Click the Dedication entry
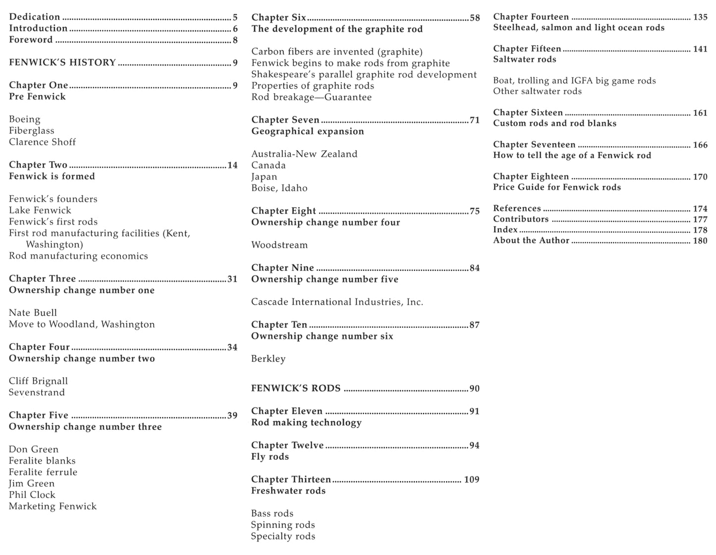click(x=34, y=17)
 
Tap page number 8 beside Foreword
click(x=235, y=40)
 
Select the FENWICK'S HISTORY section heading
click(x=62, y=62)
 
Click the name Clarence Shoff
click(x=42, y=142)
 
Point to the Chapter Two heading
click(x=38, y=165)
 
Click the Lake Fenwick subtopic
click(x=40, y=210)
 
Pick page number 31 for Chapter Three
click(x=232, y=279)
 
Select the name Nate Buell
click(x=33, y=313)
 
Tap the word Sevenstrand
click(x=37, y=392)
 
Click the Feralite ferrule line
click(x=43, y=472)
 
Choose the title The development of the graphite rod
click(x=337, y=29)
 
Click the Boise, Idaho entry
click(x=279, y=188)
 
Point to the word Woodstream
click(x=279, y=245)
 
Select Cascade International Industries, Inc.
click(x=337, y=302)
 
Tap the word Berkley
click(x=268, y=359)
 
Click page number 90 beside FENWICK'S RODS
click(x=475, y=388)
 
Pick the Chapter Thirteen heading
click(x=291, y=479)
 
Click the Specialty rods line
click(x=283, y=536)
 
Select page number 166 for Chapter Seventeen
click(x=700, y=145)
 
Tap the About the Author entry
click(x=531, y=240)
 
